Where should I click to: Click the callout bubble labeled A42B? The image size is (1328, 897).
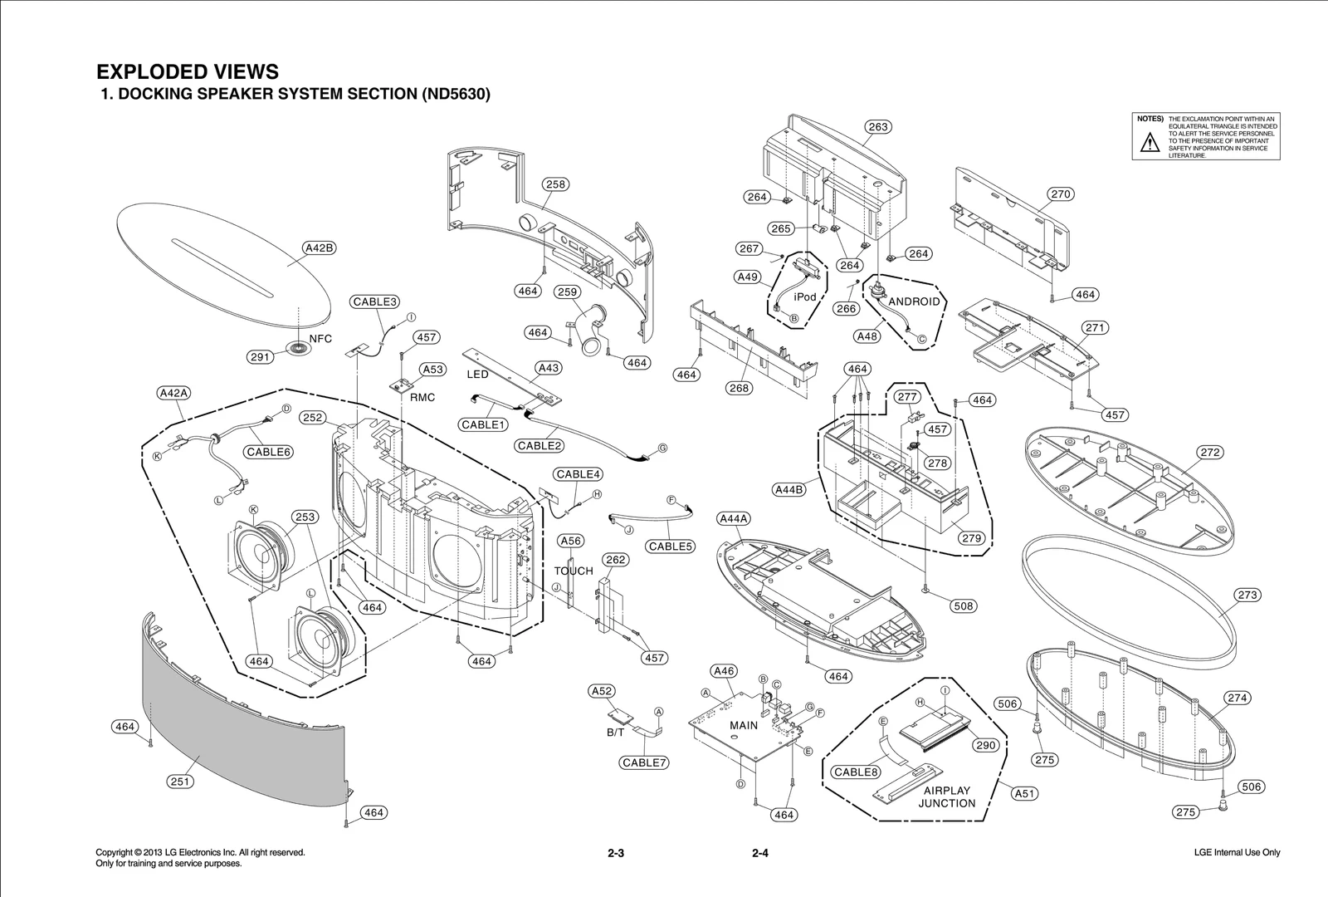point(320,248)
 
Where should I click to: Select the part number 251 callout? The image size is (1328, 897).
point(180,782)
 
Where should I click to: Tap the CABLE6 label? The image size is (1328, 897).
point(268,452)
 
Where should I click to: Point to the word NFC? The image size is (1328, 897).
point(321,339)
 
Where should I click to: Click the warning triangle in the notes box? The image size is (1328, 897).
point(1150,143)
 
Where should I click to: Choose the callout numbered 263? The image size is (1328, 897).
point(877,127)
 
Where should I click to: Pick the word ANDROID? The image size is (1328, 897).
point(914,301)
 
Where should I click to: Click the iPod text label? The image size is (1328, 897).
point(805,297)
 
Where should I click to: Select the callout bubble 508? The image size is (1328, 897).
point(963,606)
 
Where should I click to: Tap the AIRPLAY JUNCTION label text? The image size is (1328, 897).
point(947,797)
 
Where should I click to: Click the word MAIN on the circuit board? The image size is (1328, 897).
point(744,725)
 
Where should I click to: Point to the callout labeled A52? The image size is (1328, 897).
point(602,691)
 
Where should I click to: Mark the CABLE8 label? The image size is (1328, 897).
point(856,772)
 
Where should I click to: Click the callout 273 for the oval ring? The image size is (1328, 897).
point(1247,595)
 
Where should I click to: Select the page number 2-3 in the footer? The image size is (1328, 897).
point(615,853)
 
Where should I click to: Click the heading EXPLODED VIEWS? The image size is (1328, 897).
point(188,71)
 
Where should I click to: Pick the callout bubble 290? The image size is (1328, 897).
point(985,745)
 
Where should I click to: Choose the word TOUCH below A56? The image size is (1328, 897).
point(574,571)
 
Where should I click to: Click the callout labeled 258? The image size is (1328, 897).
point(555,184)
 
